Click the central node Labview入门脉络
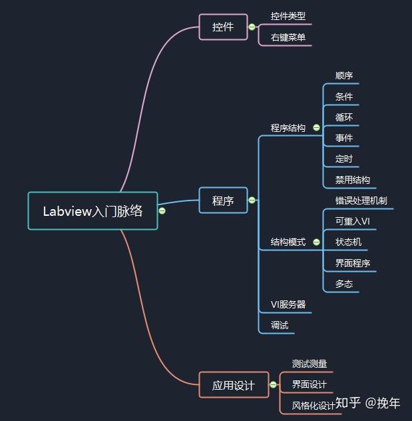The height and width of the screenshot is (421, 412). coord(93,211)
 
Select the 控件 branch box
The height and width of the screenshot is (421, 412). coord(223,27)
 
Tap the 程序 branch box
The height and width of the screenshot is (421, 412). coord(223,200)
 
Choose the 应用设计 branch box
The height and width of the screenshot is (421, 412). coord(233,385)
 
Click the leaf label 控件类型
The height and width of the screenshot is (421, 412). coord(288,16)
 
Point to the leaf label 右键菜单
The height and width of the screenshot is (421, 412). coord(288,37)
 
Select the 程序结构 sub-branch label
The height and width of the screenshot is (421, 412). coord(288,127)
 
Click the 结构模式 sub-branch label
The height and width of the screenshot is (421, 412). coord(288,242)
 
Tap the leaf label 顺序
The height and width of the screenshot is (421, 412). coord(344,76)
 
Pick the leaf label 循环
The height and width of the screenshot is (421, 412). coord(344,117)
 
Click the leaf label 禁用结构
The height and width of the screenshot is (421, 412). coord(353,179)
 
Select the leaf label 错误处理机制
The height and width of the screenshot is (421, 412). coord(361,200)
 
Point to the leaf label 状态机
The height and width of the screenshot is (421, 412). coord(349,242)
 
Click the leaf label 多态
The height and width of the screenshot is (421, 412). coord(344,284)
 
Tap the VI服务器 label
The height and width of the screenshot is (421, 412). coord(288,304)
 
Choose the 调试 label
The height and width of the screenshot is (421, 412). coord(280,325)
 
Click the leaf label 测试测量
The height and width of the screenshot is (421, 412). coord(309,364)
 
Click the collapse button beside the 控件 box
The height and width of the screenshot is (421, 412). coord(252,27)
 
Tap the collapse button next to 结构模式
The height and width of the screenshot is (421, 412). coord(316,242)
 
